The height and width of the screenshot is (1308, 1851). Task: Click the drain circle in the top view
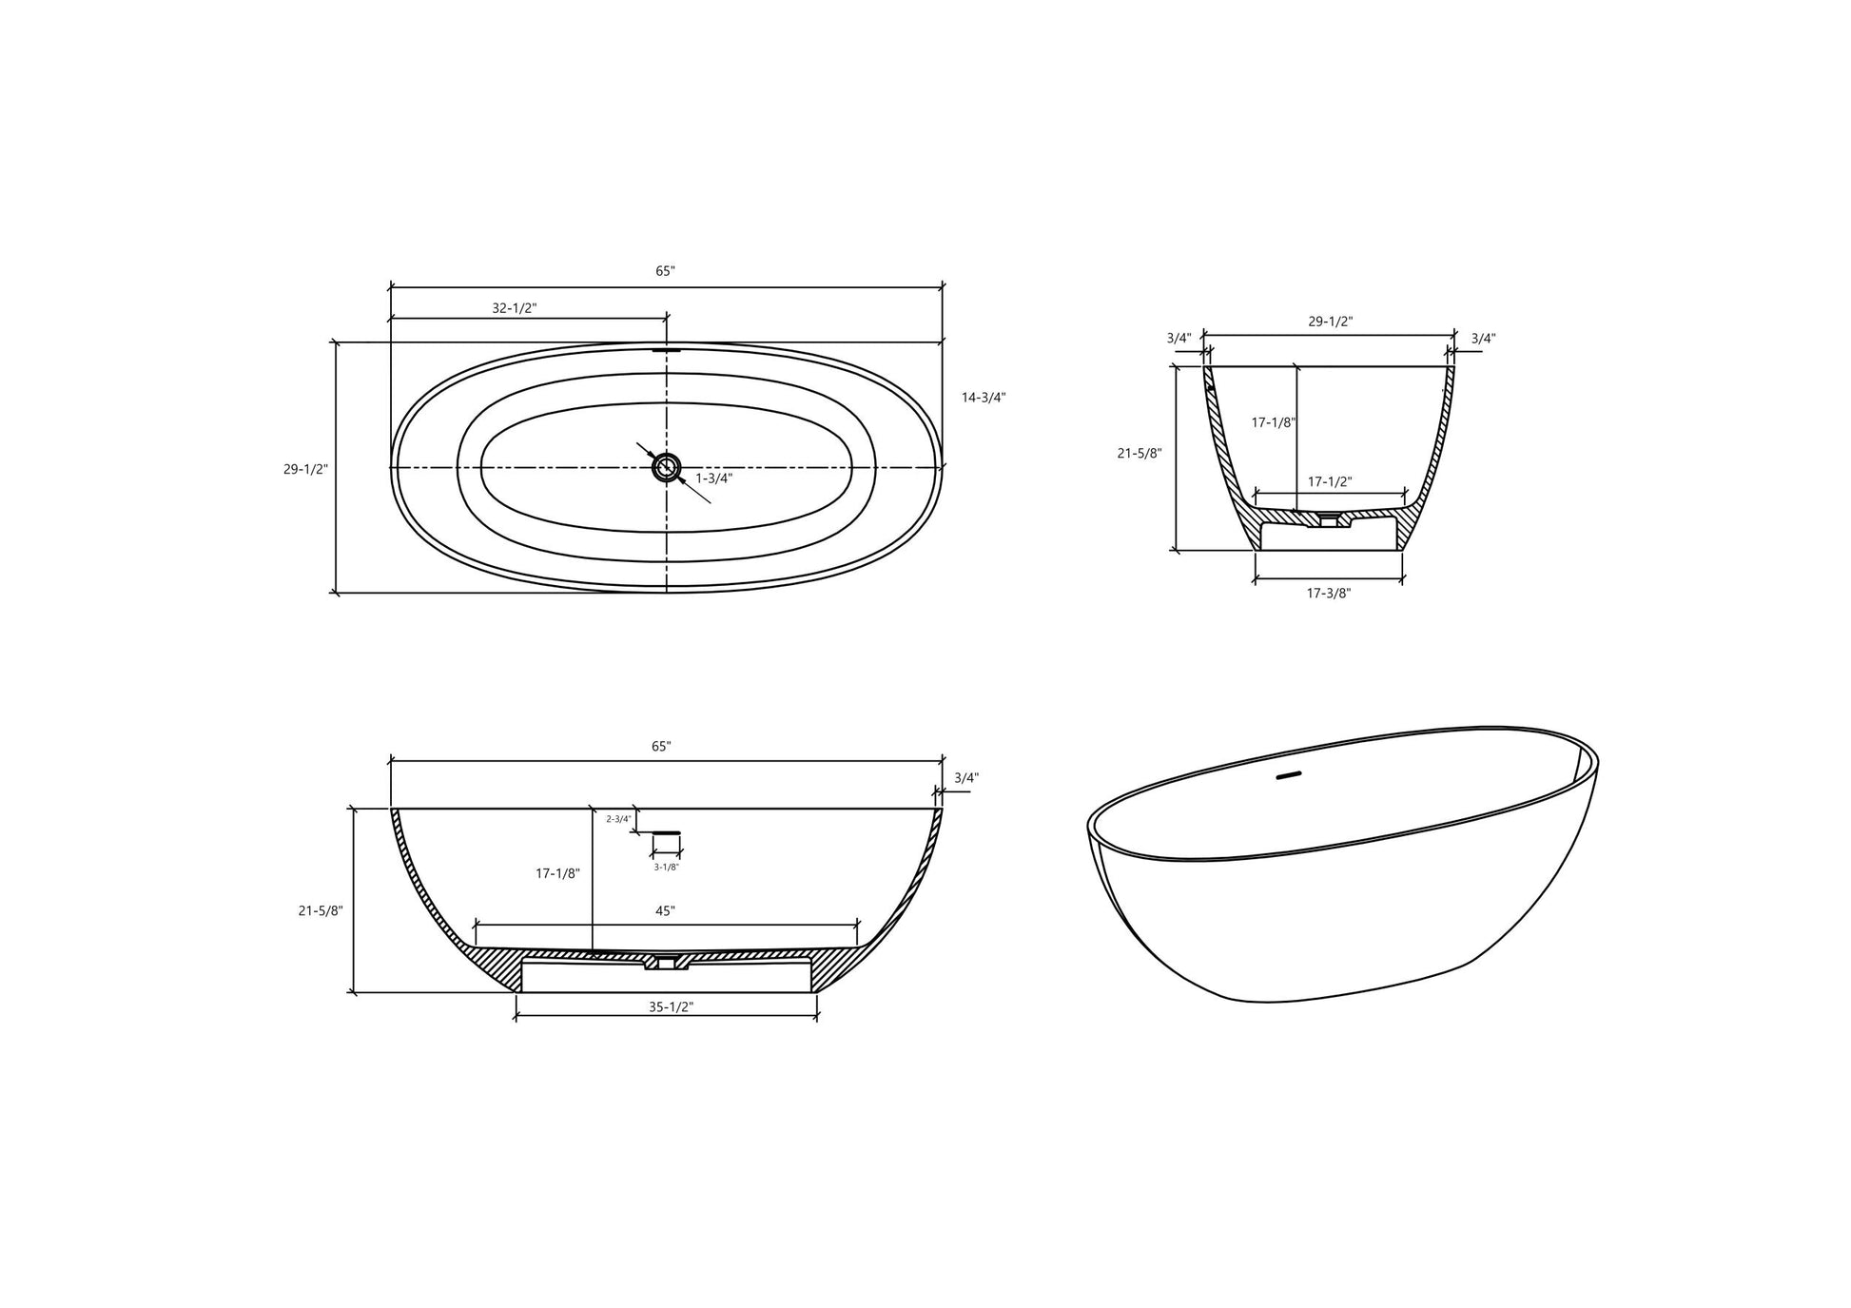(x=666, y=467)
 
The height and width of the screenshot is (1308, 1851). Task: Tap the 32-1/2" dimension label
(x=514, y=308)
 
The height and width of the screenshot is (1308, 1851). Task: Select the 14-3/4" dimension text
(x=983, y=398)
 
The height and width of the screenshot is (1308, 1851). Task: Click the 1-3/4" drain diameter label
(x=713, y=478)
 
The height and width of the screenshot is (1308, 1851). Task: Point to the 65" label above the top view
(x=665, y=271)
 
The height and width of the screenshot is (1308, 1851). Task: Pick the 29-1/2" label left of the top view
(x=305, y=469)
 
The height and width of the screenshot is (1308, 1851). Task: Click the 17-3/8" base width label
(x=1328, y=594)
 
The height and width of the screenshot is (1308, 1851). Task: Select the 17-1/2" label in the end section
(x=1329, y=482)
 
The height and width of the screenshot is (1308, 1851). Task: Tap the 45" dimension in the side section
(x=665, y=911)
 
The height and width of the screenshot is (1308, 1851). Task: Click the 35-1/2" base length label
(x=671, y=1007)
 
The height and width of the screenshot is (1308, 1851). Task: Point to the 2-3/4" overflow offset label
(x=618, y=819)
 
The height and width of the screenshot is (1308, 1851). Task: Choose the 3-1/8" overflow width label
(x=666, y=867)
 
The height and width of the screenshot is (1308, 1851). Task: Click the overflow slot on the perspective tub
(x=1287, y=776)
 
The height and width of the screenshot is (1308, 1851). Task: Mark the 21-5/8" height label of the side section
(x=321, y=910)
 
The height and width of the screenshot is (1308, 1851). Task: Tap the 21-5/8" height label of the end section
(x=1139, y=454)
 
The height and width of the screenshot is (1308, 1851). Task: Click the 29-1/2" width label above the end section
(x=1330, y=322)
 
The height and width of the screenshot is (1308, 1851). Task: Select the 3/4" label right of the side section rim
(x=965, y=778)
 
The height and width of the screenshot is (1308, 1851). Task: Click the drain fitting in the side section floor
(x=667, y=963)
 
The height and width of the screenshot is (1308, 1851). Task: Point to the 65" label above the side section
(x=661, y=747)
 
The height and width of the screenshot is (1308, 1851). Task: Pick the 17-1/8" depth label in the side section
(x=557, y=873)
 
